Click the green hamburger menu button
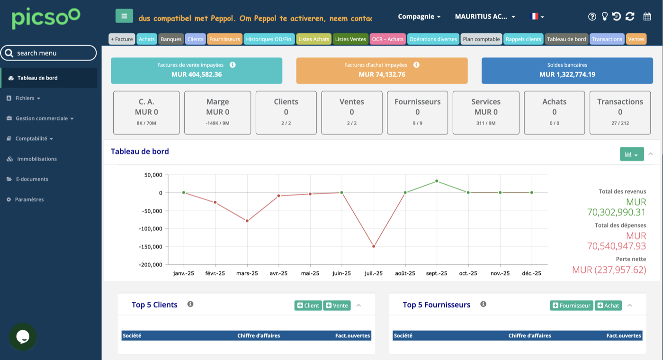pyautogui.click(x=124, y=16)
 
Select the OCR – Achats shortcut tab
pyautogui.click(x=387, y=39)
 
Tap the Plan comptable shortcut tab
pyautogui.click(x=481, y=39)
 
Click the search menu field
pyautogui.click(x=48, y=53)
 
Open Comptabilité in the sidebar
pyautogui.click(x=31, y=138)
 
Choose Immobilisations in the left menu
pyautogui.click(x=37, y=159)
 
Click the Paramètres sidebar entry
pyautogui.click(x=29, y=199)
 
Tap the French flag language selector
pyautogui.click(x=536, y=17)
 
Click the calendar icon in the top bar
pyautogui.click(x=647, y=17)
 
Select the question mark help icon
pyautogui.click(x=592, y=17)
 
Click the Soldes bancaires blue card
pyautogui.click(x=567, y=71)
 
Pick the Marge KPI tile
pyautogui.click(x=217, y=113)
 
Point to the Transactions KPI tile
pyautogui.click(x=620, y=113)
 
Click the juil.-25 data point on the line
pyautogui.click(x=374, y=246)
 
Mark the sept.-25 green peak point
pyautogui.click(x=437, y=181)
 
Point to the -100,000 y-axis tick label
pyautogui.click(x=151, y=228)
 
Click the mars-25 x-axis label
pyautogui.click(x=247, y=273)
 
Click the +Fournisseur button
pyautogui.click(x=572, y=306)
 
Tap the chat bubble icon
pyautogui.click(x=23, y=337)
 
